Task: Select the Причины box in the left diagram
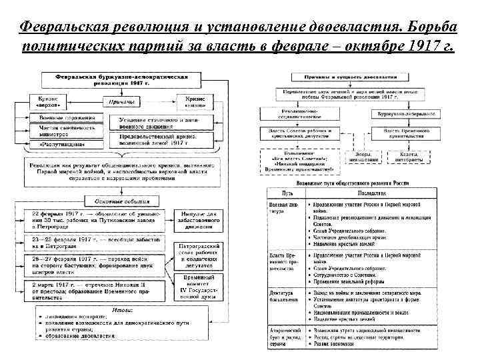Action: (120, 102)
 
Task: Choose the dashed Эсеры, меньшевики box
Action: (363, 157)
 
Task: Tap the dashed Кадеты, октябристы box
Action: (409, 157)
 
